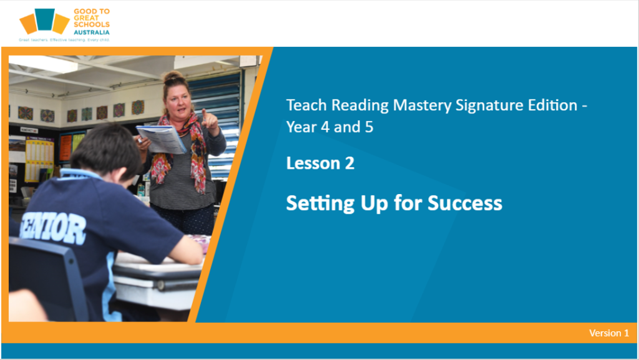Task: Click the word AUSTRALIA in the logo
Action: (x=92, y=32)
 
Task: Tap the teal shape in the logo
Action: (x=44, y=19)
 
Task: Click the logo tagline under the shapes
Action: (x=64, y=40)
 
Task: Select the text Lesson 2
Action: (x=320, y=163)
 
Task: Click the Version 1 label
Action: (x=609, y=333)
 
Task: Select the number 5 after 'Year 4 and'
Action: (x=369, y=127)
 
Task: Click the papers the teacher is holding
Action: (x=161, y=139)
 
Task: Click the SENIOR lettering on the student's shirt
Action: (x=54, y=230)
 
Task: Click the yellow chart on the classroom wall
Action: (x=39, y=159)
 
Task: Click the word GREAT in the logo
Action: (x=86, y=18)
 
